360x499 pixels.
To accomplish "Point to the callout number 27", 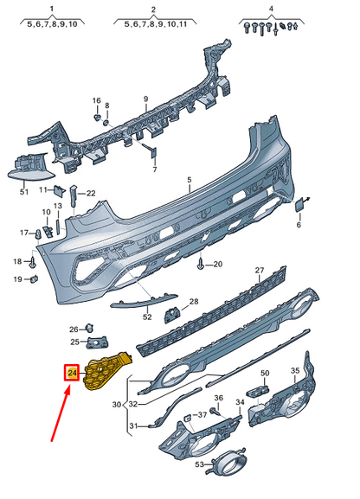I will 258,271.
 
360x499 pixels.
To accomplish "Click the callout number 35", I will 294,372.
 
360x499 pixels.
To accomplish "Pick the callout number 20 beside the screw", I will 217,264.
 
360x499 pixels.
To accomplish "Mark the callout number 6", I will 299,225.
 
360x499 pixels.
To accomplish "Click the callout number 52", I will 147,317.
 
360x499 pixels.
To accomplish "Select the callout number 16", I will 97,100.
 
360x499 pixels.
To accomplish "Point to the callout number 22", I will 91,193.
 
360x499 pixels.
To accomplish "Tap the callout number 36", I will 219,398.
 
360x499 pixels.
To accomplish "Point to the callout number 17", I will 26,233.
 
